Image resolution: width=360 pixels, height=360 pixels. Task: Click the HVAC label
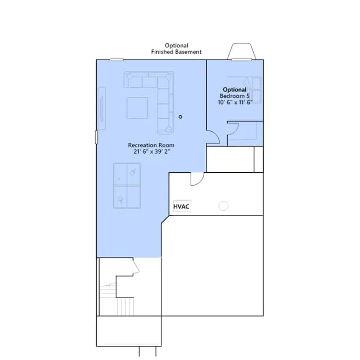[181, 206]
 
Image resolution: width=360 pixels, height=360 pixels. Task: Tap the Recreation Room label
[151, 145]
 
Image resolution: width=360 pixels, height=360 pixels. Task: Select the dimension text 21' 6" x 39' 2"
[152, 151]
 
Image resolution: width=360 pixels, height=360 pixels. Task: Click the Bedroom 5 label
[235, 96]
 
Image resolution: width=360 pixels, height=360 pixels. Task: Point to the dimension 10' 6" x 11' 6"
[235, 102]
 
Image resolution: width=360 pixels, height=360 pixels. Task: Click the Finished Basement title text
[176, 52]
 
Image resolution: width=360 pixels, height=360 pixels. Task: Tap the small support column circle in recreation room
[181, 117]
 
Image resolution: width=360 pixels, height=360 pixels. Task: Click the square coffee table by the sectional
[137, 108]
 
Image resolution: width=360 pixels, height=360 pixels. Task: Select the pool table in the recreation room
[127, 186]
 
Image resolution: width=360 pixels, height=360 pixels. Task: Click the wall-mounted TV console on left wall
[102, 109]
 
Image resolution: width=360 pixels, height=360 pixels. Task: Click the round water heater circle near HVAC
[223, 206]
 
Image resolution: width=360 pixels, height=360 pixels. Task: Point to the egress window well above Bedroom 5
[241, 51]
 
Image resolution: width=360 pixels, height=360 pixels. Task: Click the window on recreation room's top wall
[116, 60]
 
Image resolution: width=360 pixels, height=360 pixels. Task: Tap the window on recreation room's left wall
[96, 137]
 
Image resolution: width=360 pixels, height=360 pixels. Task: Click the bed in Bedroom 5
[244, 90]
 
